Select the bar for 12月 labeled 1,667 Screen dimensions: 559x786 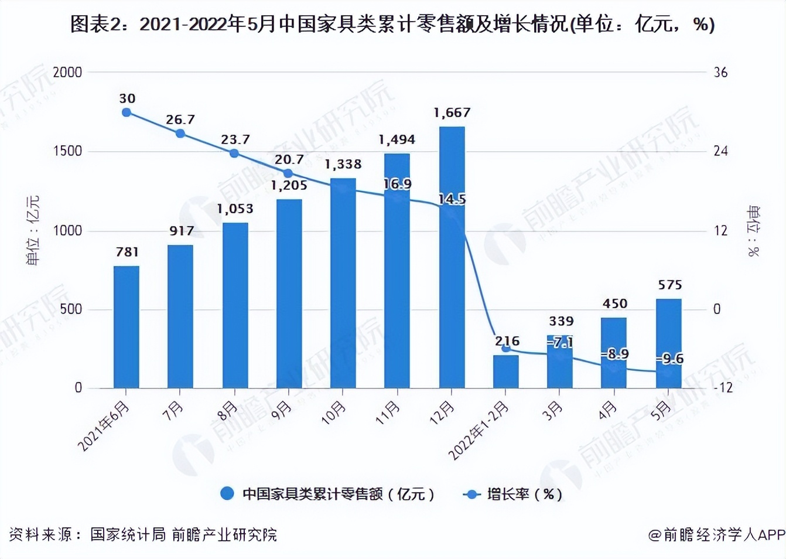[452, 258]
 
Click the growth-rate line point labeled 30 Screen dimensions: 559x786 [127, 113]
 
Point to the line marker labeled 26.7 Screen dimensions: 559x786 [180, 134]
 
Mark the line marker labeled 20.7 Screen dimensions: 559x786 [288, 173]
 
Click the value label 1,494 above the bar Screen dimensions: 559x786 [397, 139]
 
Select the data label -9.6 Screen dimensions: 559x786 [670, 359]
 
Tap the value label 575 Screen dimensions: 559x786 [669, 285]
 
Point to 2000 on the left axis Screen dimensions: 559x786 [67, 73]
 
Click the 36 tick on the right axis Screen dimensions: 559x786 [720, 73]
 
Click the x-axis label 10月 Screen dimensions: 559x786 [333, 413]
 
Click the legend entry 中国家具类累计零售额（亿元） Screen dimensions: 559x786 [328, 494]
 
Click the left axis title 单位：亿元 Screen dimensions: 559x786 [33, 230]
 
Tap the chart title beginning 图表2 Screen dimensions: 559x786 [392, 25]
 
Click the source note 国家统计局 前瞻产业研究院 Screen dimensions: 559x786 [183, 534]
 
